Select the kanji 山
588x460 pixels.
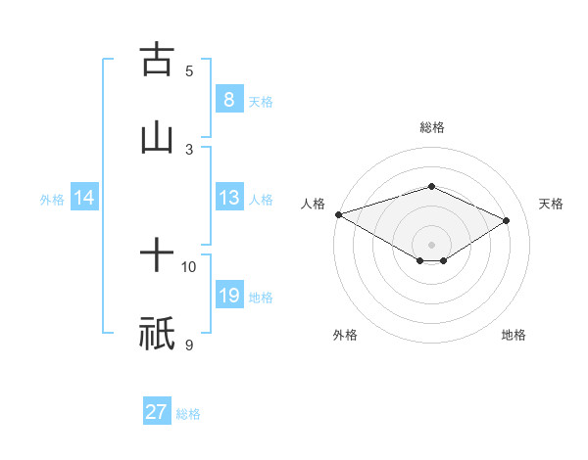[x=157, y=138]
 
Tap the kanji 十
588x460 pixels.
[x=157, y=256]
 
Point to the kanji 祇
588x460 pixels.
[x=157, y=334]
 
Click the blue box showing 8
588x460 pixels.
[x=228, y=99]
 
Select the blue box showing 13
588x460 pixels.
[x=228, y=198]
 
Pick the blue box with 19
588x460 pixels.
[x=228, y=296]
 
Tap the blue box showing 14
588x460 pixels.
[x=84, y=198]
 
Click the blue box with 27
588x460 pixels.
[x=157, y=412]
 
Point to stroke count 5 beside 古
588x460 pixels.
[x=189, y=70]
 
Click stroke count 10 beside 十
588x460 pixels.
[x=189, y=266]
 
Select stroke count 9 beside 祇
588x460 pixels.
[x=189, y=344]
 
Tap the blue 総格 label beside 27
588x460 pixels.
[x=188, y=414]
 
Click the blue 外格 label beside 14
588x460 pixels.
[x=52, y=199]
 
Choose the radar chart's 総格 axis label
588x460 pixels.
[x=431, y=127]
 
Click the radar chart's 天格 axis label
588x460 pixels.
[x=551, y=204]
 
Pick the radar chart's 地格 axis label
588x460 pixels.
[x=514, y=335]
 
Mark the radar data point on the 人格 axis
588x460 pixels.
[x=338, y=214]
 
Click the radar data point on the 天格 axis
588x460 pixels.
[x=507, y=220]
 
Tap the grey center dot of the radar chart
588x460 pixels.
[x=431, y=244]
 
